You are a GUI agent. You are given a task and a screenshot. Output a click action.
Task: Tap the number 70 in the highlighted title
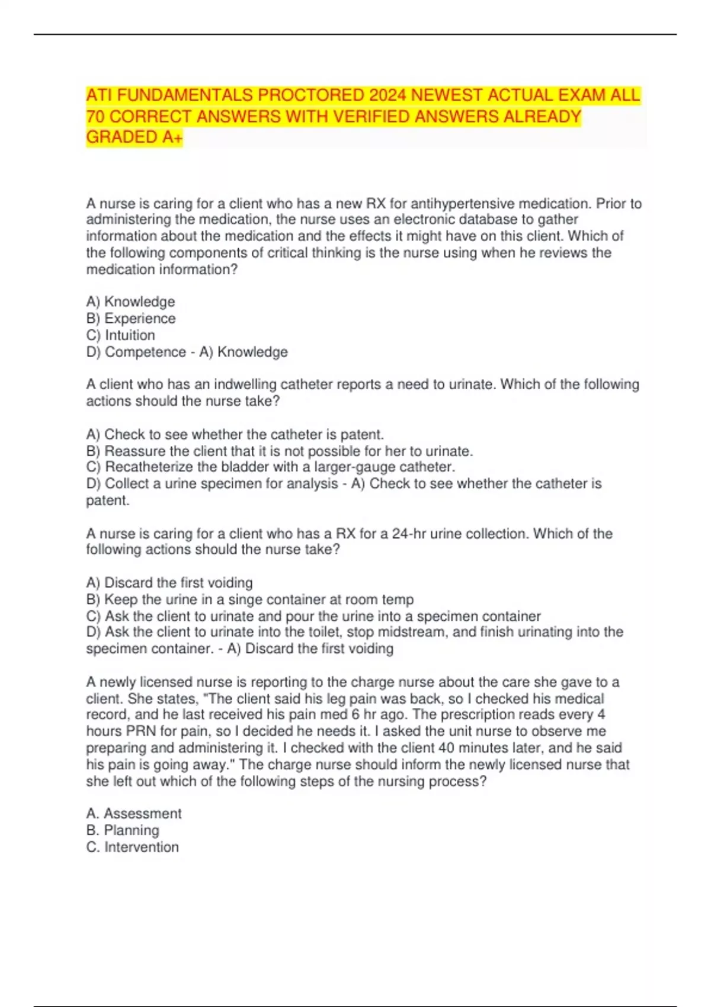95,117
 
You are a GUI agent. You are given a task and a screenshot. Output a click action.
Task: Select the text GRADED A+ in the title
134,137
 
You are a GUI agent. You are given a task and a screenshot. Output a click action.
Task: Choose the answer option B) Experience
131,319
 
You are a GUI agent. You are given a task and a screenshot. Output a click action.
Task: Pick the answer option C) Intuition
120,335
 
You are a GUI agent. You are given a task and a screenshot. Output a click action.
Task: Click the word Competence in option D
145,352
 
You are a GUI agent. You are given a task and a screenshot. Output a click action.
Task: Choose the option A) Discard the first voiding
169,583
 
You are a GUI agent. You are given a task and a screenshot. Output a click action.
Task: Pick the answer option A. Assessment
134,814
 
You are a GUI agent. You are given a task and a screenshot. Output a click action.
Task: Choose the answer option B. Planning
123,830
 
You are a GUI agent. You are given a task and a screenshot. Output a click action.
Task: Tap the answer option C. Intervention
132,847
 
